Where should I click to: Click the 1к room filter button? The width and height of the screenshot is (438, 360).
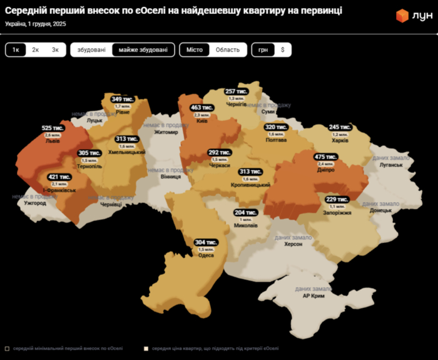click(x=16, y=50)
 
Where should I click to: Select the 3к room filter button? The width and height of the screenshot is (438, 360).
click(x=55, y=50)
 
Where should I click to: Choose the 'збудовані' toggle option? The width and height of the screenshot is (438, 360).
click(x=91, y=50)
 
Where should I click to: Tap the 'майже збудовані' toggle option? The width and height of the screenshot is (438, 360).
click(x=143, y=50)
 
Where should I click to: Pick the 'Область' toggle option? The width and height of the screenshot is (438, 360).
click(x=227, y=50)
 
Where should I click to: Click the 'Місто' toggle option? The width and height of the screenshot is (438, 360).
click(x=195, y=50)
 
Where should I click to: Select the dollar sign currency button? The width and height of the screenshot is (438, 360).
click(x=282, y=50)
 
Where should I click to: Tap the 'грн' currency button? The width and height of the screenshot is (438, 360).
click(x=263, y=50)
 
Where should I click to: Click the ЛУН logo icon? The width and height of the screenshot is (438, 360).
click(x=402, y=16)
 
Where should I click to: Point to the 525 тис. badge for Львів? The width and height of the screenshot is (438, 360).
click(x=53, y=128)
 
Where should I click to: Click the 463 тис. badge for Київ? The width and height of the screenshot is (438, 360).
click(x=202, y=108)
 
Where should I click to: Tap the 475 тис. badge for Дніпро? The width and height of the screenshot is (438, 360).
click(x=326, y=157)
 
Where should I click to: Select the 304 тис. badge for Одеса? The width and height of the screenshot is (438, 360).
click(x=206, y=242)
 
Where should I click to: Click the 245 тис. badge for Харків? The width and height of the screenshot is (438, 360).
click(x=340, y=127)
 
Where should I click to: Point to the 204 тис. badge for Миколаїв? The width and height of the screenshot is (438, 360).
click(x=245, y=213)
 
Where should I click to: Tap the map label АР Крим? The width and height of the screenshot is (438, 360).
click(x=313, y=296)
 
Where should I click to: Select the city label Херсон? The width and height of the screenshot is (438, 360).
click(x=293, y=244)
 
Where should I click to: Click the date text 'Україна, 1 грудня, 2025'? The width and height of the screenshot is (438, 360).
click(x=35, y=24)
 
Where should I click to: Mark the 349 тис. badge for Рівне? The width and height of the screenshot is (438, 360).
click(x=123, y=99)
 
